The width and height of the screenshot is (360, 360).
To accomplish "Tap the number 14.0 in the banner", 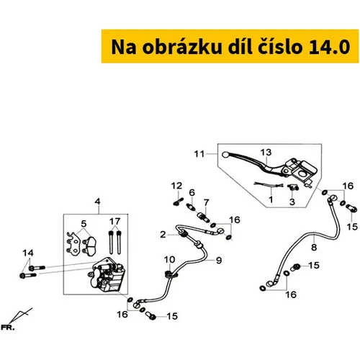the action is (x=328, y=47).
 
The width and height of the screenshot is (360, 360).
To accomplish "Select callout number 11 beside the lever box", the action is (x=199, y=154).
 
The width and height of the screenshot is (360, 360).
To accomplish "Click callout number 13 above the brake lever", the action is (x=266, y=152).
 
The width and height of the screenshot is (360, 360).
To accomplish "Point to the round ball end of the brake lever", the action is (x=225, y=155).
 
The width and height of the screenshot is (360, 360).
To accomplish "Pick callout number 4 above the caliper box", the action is (x=97, y=202).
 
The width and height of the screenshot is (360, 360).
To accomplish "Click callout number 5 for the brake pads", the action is (x=84, y=224).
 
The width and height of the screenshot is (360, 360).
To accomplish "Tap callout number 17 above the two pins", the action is (x=114, y=221).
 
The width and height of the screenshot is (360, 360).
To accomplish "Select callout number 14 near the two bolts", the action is (x=28, y=253).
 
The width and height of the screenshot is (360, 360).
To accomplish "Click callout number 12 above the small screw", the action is (x=176, y=186).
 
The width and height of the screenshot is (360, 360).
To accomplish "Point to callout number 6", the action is (x=192, y=192).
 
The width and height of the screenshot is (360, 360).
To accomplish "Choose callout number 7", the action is (x=207, y=202).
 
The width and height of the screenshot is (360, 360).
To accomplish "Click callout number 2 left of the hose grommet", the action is (x=163, y=235).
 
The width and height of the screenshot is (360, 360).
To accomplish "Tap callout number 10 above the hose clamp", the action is (x=169, y=259).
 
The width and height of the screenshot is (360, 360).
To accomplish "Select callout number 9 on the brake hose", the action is (x=219, y=260).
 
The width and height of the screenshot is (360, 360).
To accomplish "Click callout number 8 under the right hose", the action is (x=314, y=247).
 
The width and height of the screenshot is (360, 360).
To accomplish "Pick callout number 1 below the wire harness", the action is (x=271, y=199).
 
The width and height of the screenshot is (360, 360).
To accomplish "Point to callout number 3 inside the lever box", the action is (x=292, y=202).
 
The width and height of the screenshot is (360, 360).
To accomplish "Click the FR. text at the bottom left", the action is (x=8, y=328).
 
